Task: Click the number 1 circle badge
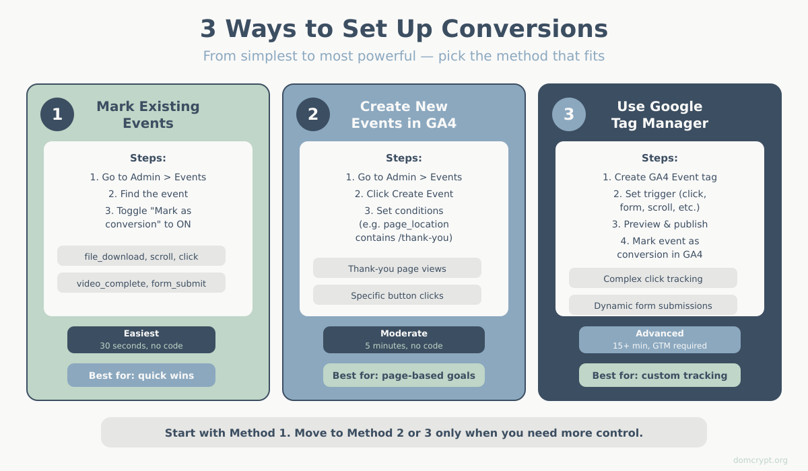(x=57, y=114)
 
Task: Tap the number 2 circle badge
(x=313, y=114)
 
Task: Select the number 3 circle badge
(x=569, y=114)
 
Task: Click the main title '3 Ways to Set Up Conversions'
(x=404, y=29)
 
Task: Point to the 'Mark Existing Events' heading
(x=148, y=114)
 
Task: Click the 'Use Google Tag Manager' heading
(x=660, y=114)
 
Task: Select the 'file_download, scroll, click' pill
(x=141, y=256)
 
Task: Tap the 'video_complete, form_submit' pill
(x=141, y=283)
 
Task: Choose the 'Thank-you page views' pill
(x=397, y=268)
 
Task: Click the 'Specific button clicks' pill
(x=397, y=295)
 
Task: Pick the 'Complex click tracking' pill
(x=653, y=278)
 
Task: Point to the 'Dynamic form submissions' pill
(x=653, y=305)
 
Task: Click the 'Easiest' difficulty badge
(x=141, y=340)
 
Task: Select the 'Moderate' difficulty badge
(x=404, y=340)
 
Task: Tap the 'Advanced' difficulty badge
(x=660, y=340)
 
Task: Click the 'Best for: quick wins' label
(x=141, y=375)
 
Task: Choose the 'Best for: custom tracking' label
(x=660, y=375)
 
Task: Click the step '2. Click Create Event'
(x=404, y=194)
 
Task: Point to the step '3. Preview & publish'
(x=660, y=224)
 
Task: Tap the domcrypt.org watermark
(x=760, y=460)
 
